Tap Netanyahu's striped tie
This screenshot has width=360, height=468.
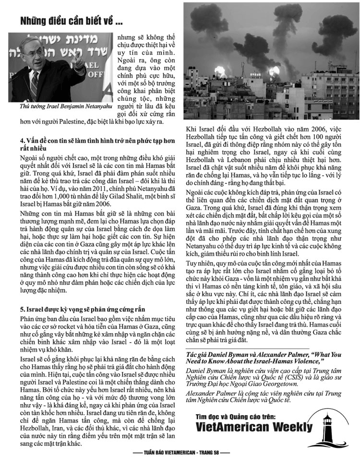[x=35, y=86]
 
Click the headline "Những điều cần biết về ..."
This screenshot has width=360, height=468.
[x=71, y=21]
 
